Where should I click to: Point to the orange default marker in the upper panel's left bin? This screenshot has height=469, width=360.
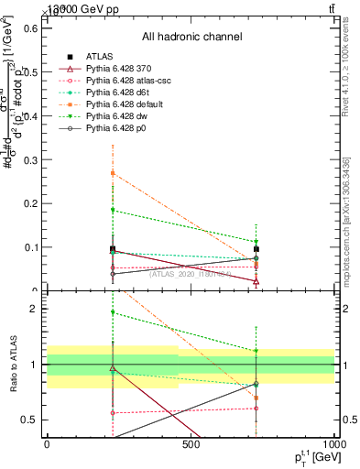pyautogui.click(x=113, y=172)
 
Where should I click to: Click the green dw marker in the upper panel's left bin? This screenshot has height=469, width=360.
pyautogui.click(x=113, y=211)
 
